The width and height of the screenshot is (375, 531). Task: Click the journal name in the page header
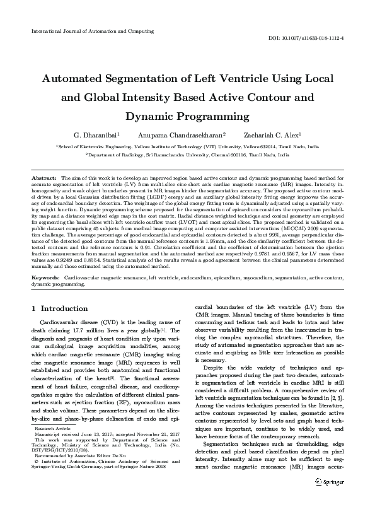click(x=92, y=30)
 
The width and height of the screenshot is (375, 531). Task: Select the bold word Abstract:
click(x=44, y=178)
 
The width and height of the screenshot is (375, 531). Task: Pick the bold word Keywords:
click(x=46, y=277)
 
